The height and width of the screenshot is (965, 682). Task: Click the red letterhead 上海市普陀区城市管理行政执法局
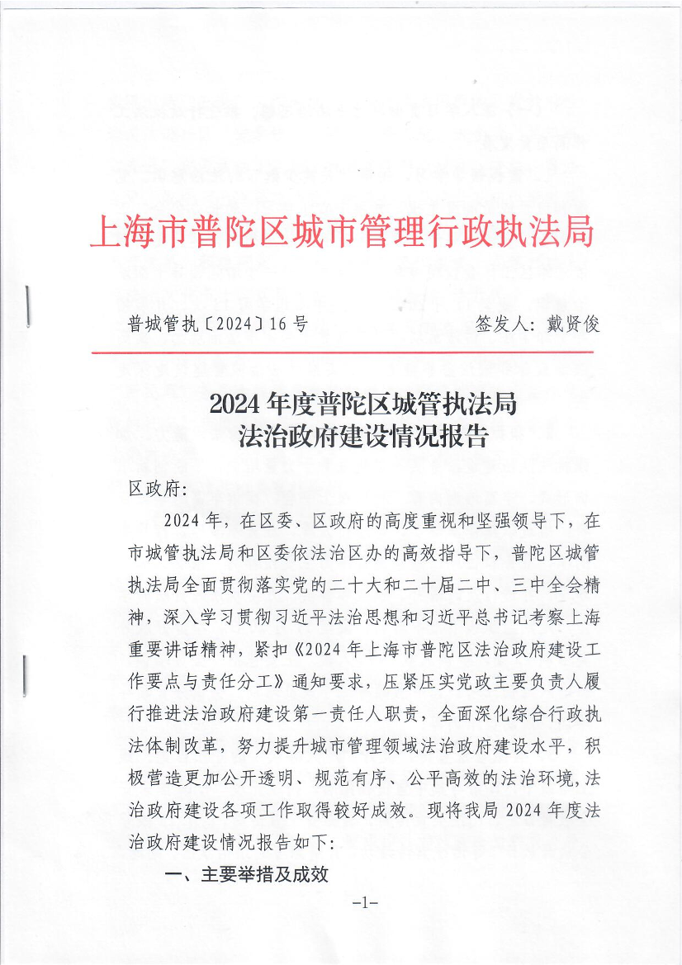(341, 234)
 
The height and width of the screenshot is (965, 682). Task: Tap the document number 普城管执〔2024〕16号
(217, 324)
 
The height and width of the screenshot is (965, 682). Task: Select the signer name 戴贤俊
(572, 324)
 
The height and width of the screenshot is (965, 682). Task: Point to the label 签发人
(504, 324)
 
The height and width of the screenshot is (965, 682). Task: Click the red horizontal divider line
(341, 352)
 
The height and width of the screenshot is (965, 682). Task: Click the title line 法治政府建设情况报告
(363, 437)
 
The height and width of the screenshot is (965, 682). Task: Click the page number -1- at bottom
(364, 902)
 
